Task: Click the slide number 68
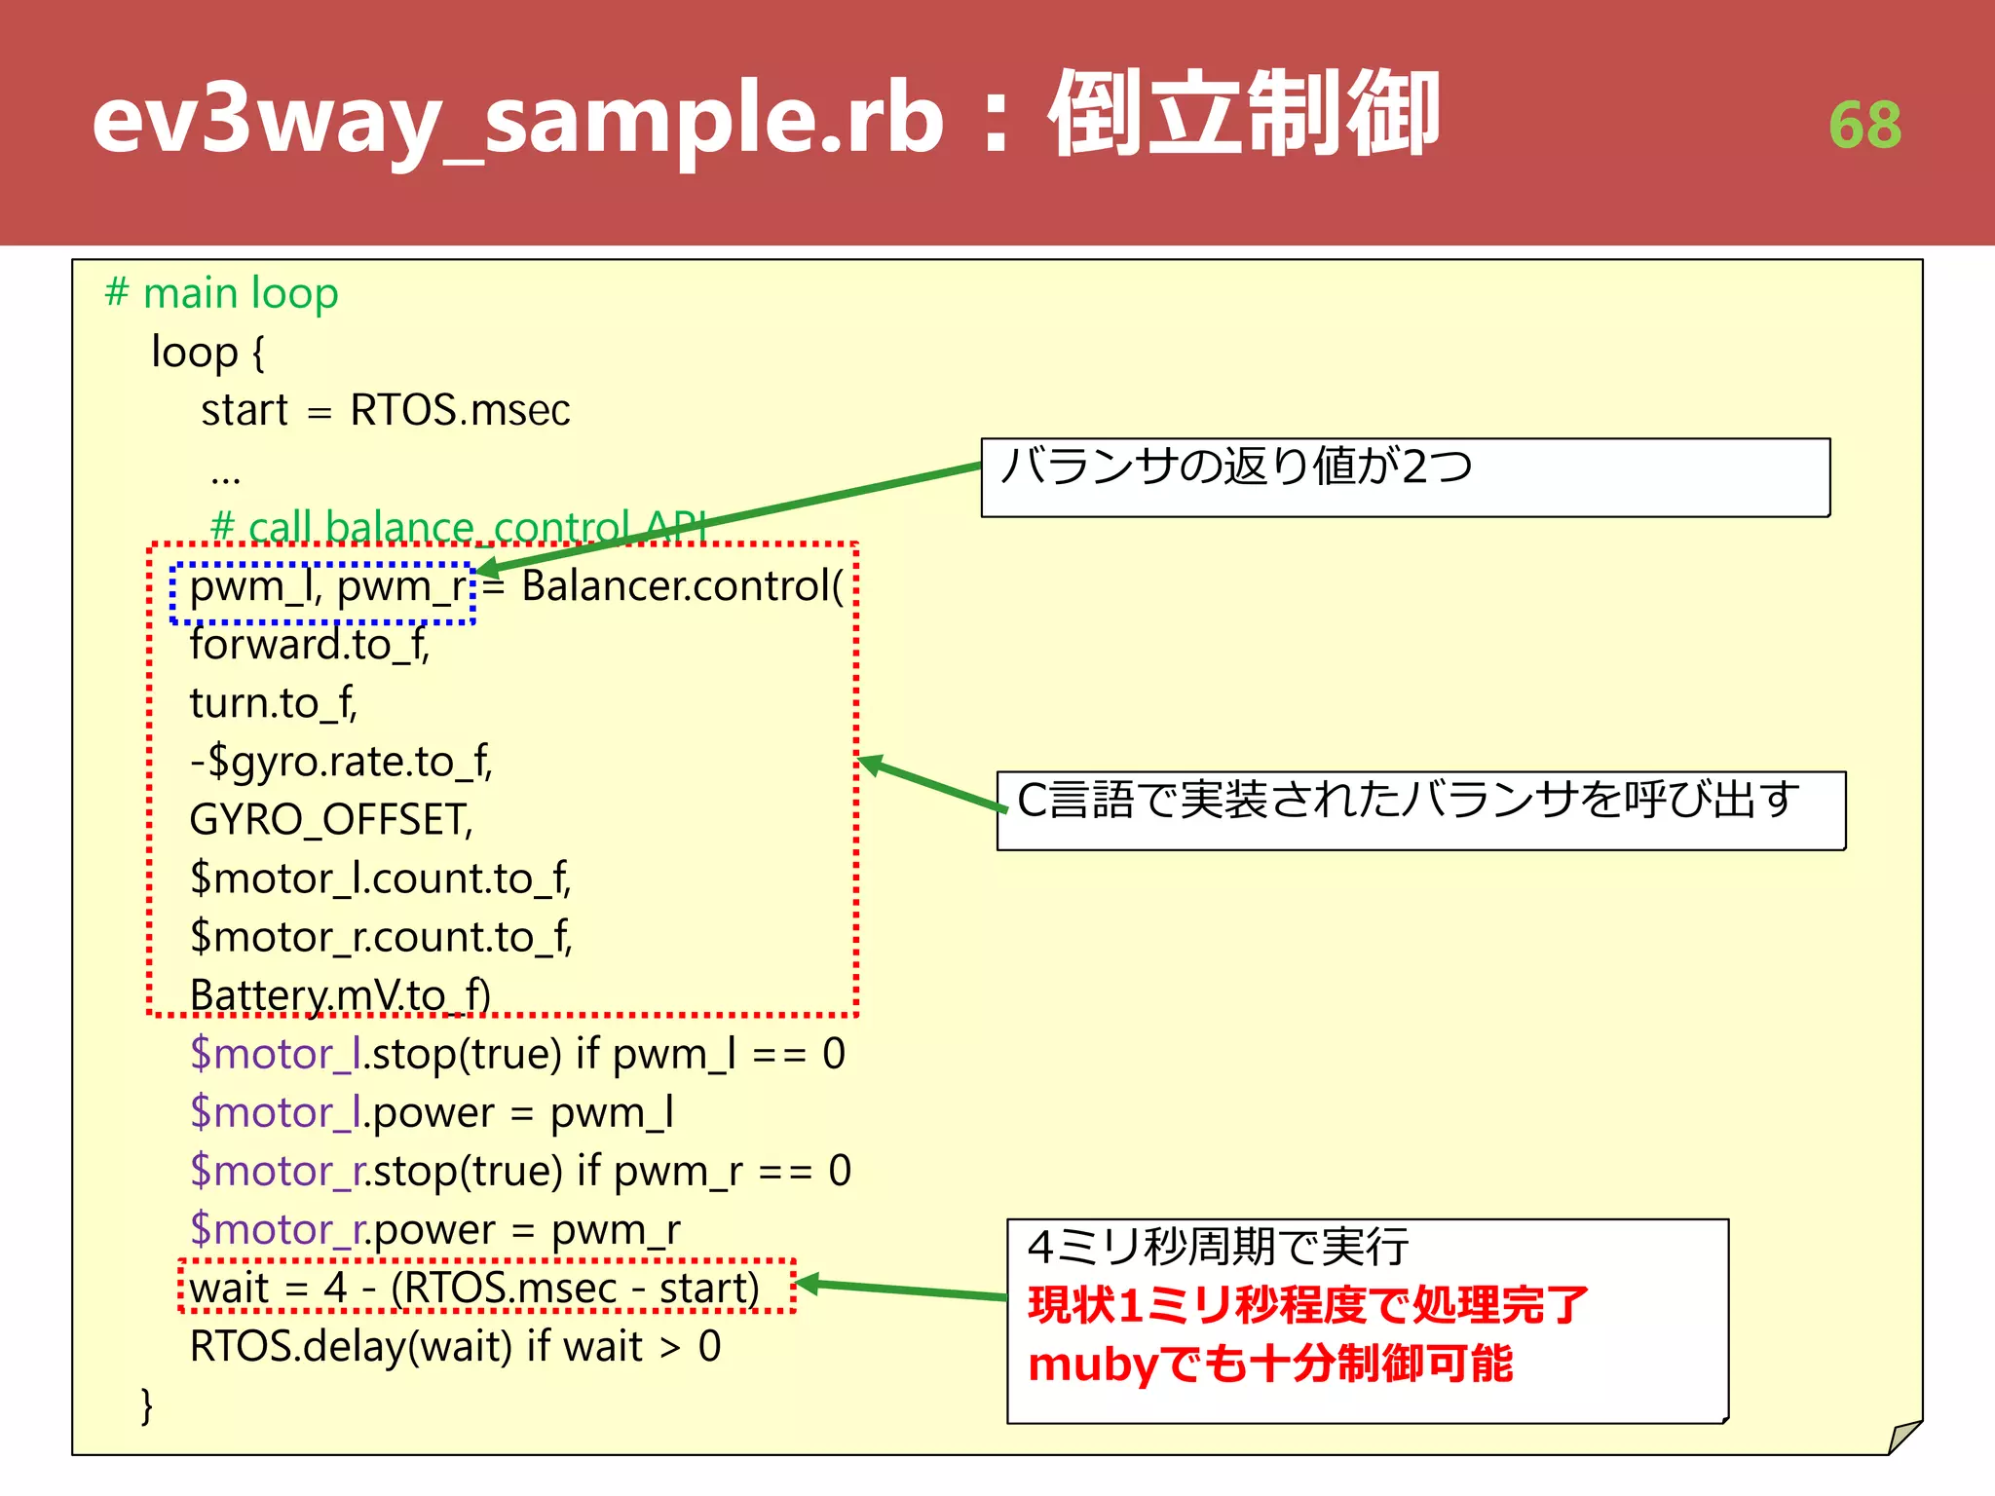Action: tap(1864, 126)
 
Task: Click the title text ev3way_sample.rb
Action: tap(517, 121)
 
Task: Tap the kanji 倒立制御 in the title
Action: tap(1244, 116)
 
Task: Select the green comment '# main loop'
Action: tap(222, 293)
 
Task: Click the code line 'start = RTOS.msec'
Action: tap(385, 410)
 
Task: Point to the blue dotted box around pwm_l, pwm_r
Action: tap(322, 592)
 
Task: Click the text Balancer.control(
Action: tap(682, 586)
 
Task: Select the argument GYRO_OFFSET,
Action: tap(331, 820)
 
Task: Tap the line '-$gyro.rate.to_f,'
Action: tap(341, 762)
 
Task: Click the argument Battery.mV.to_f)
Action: tap(340, 995)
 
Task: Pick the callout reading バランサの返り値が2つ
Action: tap(1237, 467)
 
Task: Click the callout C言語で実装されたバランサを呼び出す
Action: tap(1408, 801)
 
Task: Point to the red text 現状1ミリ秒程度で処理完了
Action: tap(1308, 1305)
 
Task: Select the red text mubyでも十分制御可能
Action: tap(1270, 1364)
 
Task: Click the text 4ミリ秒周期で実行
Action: tap(1218, 1247)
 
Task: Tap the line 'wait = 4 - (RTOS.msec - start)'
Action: tap(474, 1288)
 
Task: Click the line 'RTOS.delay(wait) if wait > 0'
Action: tap(455, 1347)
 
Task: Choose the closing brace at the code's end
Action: tap(147, 1405)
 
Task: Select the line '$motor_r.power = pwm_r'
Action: tap(434, 1230)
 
